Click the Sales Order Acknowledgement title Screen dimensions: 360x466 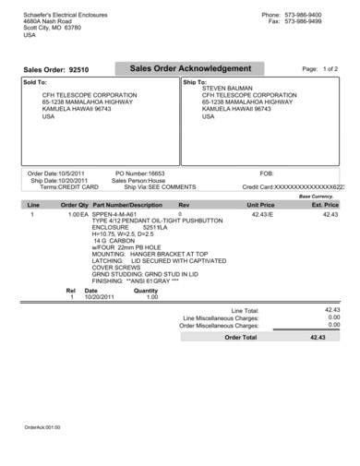click(190, 69)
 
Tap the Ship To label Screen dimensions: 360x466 click(192, 81)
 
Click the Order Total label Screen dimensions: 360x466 click(244, 338)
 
